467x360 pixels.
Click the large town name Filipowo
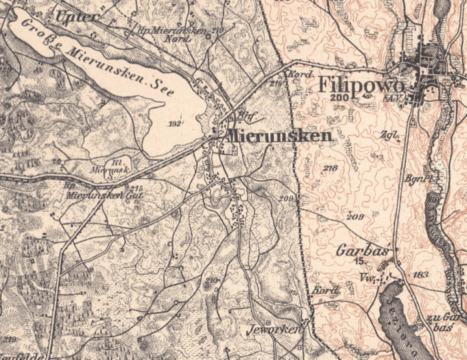[362, 85]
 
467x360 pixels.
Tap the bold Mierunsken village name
[279, 136]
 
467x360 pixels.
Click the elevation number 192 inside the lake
[175, 123]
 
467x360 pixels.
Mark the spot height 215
[138, 189]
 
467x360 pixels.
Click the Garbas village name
[353, 252]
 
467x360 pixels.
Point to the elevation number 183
[420, 274]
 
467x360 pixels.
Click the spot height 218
[330, 168]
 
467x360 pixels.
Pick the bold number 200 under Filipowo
[339, 98]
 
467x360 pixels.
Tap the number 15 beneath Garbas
[358, 261]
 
